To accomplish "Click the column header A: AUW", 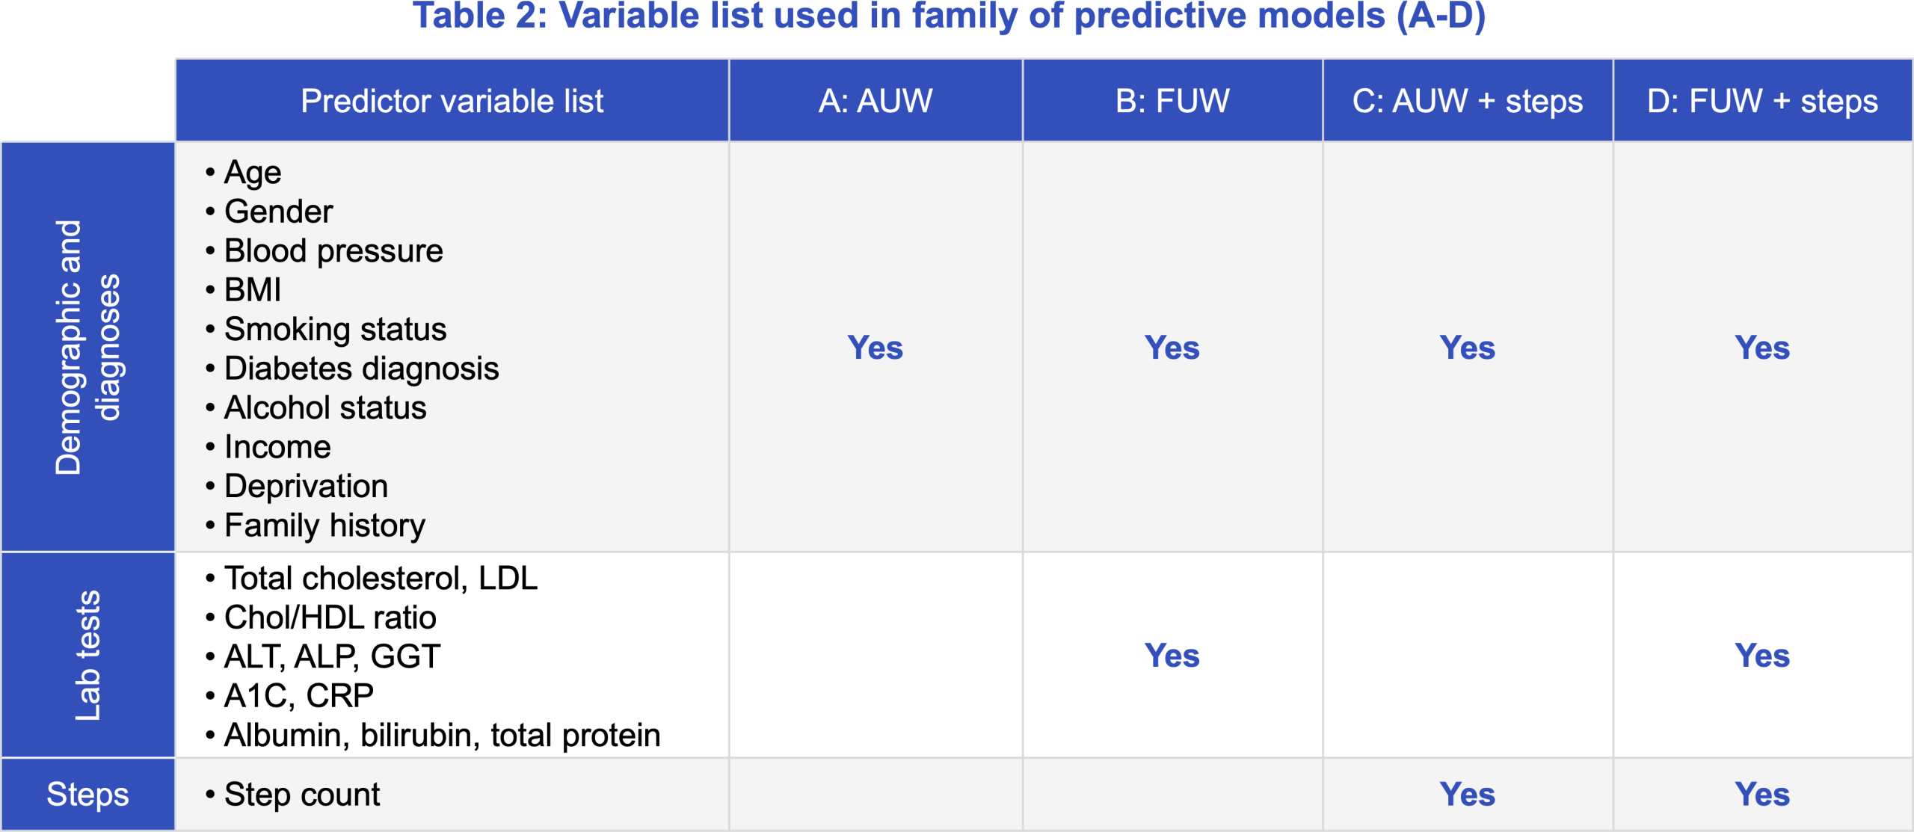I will pyautogui.click(x=875, y=101).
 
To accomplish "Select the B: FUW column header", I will pyautogui.click(x=1172, y=101).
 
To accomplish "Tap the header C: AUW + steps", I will pyautogui.click(x=1467, y=101).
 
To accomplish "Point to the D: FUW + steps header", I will pyautogui.click(x=1761, y=101).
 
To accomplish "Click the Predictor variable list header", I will pyautogui.click(x=452, y=101).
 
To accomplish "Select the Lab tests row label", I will pyautogui.click(x=87, y=655).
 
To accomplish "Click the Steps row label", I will pyautogui.click(x=87, y=794).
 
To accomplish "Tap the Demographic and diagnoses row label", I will pyautogui.click(x=87, y=347).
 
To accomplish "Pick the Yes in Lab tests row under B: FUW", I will pyautogui.click(x=1172, y=656).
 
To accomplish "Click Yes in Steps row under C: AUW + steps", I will pyautogui.click(x=1467, y=794).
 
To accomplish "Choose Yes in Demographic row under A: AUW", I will pyautogui.click(x=875, y=348).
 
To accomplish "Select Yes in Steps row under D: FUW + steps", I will pyautogui.click(x=1761, y=794).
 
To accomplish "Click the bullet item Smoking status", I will pyautogui.click(x=335, y=329).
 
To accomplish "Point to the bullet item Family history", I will pyautogui.click(x=324, y=525).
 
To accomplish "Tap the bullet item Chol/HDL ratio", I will pyautogui.click(x=330, y=617).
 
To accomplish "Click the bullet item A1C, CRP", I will pyautogui.click(x=298, y=696).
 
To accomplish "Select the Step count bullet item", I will pyautogui.click(x=302, y=794).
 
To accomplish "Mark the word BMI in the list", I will pyautogui.click(x=253, y=290).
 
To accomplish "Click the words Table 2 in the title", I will pyautogui.click(x=478, y=16).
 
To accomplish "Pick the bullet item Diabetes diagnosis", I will pyautogui.click(x=361, y=369).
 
